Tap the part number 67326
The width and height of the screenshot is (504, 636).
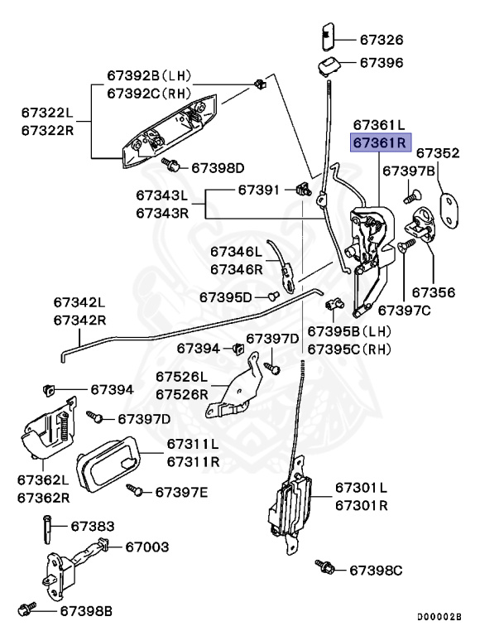[x=382, y=39]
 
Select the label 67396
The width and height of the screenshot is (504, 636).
[x=382, y=62]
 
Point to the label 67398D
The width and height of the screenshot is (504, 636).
[x=218, y=167]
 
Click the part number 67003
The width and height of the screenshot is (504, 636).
[x=147, y=547]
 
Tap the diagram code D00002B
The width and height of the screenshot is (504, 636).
[x=439, y=617]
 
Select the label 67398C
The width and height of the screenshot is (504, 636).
[x=375, y=570]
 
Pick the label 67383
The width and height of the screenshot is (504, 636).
[x=93, y=526]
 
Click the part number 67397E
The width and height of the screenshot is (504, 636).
[x=182, y=492]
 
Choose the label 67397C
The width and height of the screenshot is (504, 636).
[x=405, y=311]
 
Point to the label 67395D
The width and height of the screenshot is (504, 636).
[x=226, y=296]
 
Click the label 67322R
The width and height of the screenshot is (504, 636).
[x=47, y=130]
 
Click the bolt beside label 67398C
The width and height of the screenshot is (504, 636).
[x=324, y=567]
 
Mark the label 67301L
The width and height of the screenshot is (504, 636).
[x=362, y=487]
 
